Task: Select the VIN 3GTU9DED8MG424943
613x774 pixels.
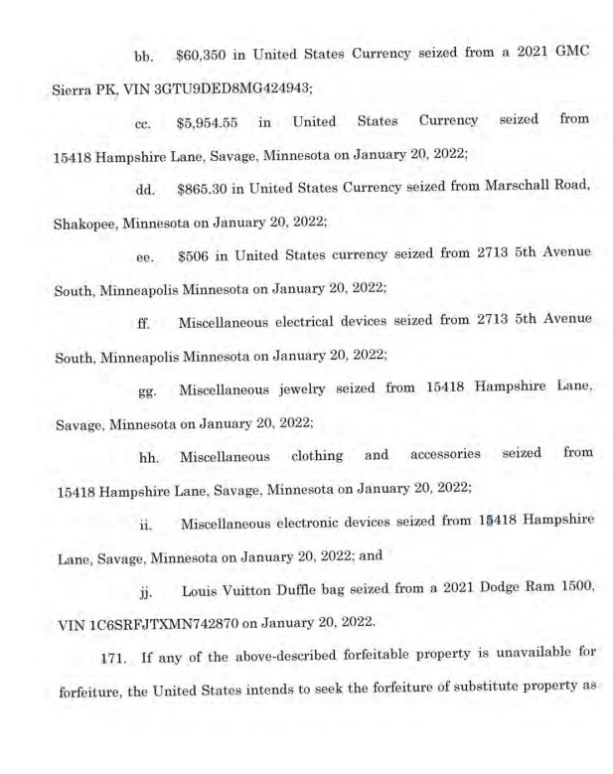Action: (x=228, y=87)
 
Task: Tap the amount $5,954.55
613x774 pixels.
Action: (x=206, y=122)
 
